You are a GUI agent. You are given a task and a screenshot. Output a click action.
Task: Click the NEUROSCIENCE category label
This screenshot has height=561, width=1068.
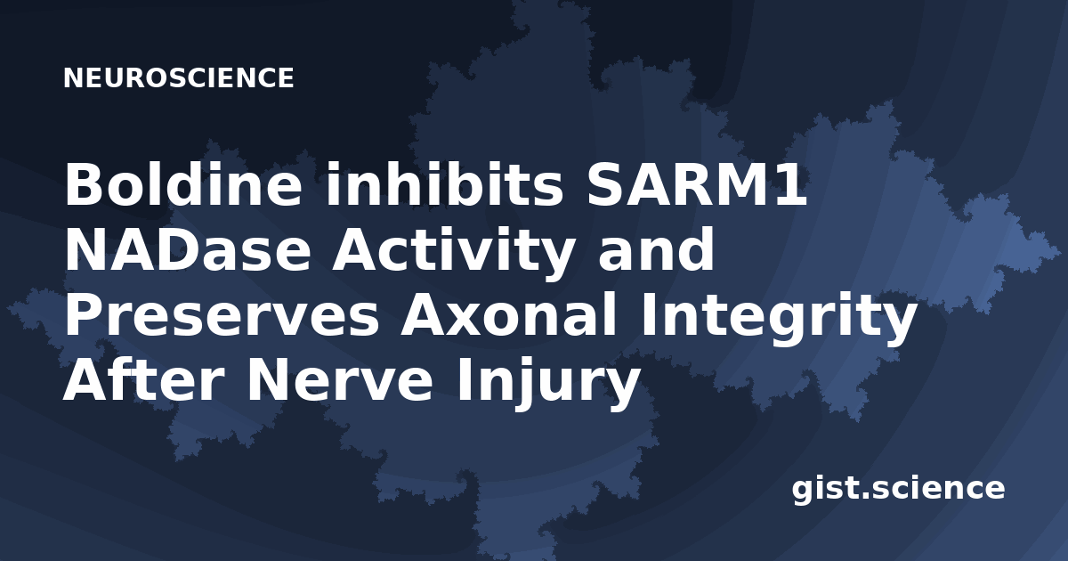(x=178, y=77)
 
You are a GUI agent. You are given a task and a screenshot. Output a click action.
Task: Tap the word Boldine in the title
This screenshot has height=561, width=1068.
(x=183, y=183)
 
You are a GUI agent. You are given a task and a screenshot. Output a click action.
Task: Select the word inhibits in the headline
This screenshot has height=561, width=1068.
(x=444, y=183)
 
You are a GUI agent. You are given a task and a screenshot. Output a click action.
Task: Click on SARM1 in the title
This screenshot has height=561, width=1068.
(x=697, y=184)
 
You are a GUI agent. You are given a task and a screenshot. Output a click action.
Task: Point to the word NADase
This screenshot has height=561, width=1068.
(x=188, y=249)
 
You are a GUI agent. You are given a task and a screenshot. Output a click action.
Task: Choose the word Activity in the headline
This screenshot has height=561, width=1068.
(x=453, y=253)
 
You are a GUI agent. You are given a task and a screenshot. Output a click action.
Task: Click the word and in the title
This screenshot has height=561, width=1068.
(x=656, y=248)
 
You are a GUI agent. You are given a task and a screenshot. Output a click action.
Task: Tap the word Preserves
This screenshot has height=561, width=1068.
(x=222, y=315)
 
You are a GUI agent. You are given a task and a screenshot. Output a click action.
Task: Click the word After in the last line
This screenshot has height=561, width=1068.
(x=143, y=378)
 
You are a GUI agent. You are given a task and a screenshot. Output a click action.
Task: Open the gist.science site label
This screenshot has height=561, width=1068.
(x=898, y=489)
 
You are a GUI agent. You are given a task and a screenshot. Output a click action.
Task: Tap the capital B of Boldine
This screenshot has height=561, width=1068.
(x=84, y=183)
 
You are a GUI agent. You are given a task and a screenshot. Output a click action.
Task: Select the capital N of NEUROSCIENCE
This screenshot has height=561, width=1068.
(x=73, y=77)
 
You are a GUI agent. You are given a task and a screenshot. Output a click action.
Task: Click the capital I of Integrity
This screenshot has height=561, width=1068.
(x=648, y=315)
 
